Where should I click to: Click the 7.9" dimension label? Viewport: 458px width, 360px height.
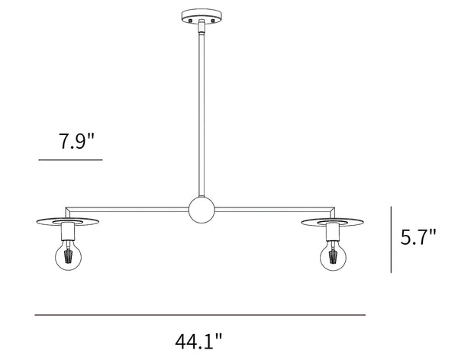(x=77, y=141)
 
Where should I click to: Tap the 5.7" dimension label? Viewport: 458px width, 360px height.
(x=418, y=236)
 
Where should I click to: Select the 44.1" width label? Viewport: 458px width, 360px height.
(x=198, y=341)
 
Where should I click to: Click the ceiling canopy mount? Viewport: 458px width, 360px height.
(x=202, y=16)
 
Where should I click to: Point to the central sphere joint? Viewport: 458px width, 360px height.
(x=202, y=211)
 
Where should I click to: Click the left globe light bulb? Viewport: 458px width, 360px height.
(x=69, y=256)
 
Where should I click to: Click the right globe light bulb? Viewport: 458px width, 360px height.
(x=333, y=257)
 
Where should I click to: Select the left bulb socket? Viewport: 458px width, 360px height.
(x=68, y=231)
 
